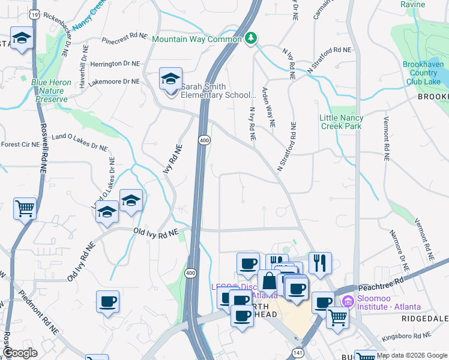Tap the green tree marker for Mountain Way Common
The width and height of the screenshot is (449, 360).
[251, 38]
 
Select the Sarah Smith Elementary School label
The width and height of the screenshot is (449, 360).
[218, 89]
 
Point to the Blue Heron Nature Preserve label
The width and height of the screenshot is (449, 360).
[41, 89]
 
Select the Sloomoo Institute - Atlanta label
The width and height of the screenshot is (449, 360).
[388, 300]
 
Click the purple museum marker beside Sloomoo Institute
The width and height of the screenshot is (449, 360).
[346, 300]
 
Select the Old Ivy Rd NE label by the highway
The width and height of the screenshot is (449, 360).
[155, 232]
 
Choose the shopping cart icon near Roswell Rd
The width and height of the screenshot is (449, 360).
[25, 209]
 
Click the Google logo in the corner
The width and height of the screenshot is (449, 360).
[20, 353]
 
